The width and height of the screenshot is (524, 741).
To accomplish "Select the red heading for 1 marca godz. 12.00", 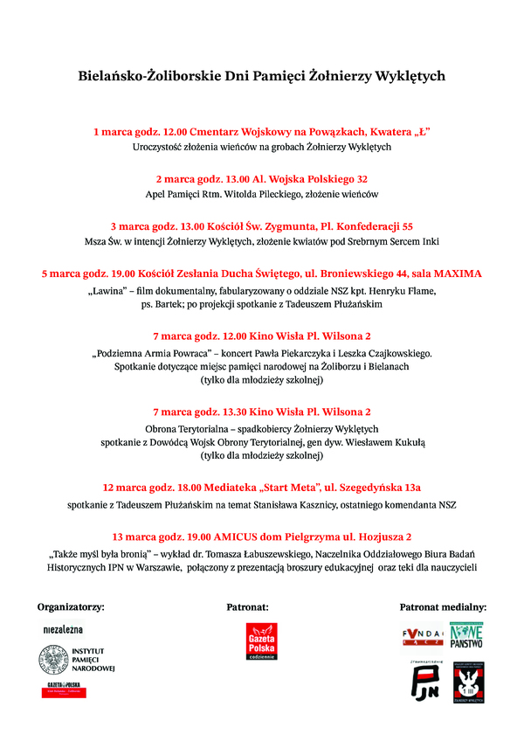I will [x=262, y=131].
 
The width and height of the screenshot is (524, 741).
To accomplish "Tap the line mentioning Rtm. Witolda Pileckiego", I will [x=262, y=194].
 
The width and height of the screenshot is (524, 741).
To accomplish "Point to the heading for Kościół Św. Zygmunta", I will [x=262, y=225].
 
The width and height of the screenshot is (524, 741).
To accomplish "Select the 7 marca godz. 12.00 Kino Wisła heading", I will [x=262, y=336].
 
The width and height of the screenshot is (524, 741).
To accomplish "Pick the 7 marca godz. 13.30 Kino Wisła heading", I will [x=262, y=412].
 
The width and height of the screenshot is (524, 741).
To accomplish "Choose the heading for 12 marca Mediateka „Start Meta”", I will [x=262, y=487].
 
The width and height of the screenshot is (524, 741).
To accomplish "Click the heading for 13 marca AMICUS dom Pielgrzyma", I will [x=262, y=537].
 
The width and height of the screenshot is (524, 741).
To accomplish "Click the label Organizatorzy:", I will [x=71, y=606].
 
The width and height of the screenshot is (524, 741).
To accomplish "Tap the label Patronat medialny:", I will [x=443, y=606].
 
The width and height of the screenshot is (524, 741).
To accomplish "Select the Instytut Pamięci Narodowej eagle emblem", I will [x=50, y=660].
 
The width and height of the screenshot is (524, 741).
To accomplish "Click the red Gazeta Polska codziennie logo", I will [x=261, y=643].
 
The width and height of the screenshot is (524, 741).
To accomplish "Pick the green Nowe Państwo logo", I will [x=466, y=636].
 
